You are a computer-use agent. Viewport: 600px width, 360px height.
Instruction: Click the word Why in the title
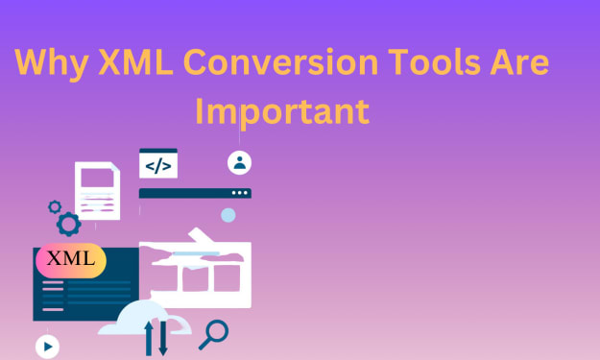point(52,63)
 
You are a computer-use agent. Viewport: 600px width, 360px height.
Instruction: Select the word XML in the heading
point(136,61)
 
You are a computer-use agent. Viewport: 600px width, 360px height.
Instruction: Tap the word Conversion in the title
point(281,61)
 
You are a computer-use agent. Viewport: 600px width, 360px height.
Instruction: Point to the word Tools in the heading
point(434,61)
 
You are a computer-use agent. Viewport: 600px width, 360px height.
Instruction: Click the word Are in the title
point(519,61)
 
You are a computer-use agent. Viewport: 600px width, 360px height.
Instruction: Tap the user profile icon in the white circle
point(240,162)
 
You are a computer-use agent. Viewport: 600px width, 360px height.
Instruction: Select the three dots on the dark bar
point(240,193)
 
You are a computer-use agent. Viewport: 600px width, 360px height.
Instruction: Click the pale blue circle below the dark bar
point(228,215)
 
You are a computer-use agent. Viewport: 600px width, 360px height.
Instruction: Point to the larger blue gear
point(69,225)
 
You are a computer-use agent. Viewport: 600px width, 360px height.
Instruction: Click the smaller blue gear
point(55,207)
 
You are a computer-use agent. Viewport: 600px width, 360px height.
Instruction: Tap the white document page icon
point(98,191)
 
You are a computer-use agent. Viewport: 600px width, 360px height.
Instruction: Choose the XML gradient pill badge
point(71,260)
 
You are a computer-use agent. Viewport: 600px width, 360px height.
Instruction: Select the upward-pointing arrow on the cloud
point(149,338)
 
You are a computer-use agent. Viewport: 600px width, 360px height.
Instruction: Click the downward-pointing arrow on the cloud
point(163,338)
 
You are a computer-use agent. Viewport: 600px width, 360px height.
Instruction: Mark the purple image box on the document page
point(97,178)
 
